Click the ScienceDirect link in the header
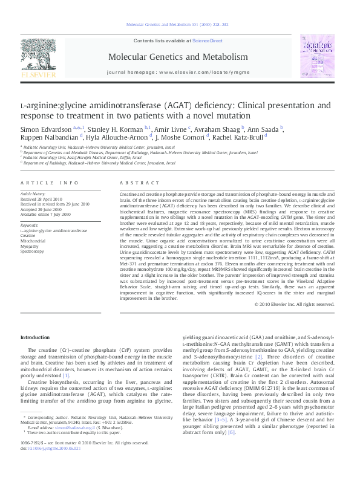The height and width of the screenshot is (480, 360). pos(208,41)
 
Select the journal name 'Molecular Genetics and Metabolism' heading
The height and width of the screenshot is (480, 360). pos(178,57)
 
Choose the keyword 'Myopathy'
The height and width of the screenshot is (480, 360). pos(30,245)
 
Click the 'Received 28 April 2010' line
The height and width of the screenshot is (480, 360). pos(42,198)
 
